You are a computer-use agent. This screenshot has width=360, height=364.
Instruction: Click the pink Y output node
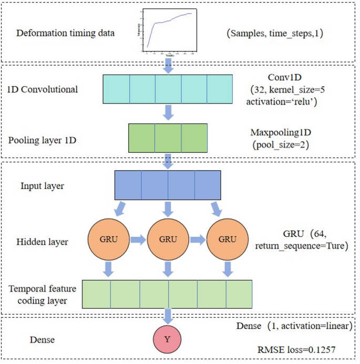[167, 339]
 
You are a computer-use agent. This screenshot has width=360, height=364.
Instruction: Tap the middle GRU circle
[168, 240]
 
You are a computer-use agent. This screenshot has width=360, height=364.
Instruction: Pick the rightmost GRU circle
[227, 240]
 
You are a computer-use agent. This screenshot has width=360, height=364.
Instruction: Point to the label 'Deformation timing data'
[66, 33]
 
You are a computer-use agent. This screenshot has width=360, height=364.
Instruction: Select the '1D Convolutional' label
[43, 89]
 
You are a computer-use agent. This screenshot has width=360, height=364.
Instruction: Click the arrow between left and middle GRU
[138, 240]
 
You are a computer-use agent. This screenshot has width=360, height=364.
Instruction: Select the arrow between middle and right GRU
[198, 240]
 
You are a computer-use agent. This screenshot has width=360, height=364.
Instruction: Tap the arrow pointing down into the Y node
[168, 316]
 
